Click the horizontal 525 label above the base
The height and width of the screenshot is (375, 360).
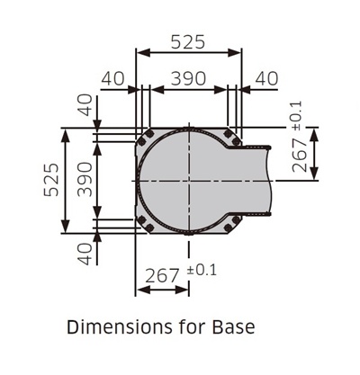pyautogui.click(x=188, y=41)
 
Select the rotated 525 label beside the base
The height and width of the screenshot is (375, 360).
pyautogui.click(x=51, y=180)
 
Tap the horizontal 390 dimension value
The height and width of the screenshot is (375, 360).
pyautogui.click(x=188, y=78)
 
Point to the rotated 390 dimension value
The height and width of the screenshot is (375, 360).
pyautogui.click(x=85, y=179)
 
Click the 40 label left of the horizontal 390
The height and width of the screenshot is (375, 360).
pyautogui.click(x=112, y=78)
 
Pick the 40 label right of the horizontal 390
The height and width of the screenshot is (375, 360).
pyautogui.click(x=266, y=78)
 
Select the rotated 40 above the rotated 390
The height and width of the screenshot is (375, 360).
pyautogui.click(x=85, y=105)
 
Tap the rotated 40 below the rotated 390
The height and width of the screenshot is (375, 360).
pyautogui.click(x=85, y=254)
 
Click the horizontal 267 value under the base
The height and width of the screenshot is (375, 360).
pyautogui.click(x=162, y=275)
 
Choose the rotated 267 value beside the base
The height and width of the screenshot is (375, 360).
pyautogui.click(x=300, y=155)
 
